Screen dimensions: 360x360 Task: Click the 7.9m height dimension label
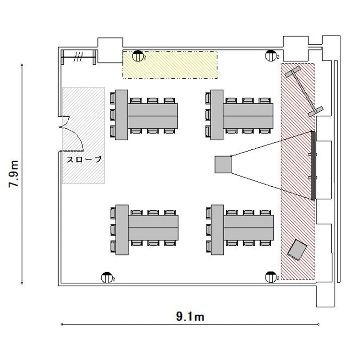(13, 174)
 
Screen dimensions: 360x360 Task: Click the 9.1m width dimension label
(190, 317)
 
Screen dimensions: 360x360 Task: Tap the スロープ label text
(84, 159)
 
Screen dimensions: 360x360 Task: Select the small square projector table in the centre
(223, 164)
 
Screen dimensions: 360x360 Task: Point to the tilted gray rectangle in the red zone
(297, 250)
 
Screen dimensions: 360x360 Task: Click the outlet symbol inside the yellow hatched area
(138, 56)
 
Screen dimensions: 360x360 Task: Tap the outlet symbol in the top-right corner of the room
(271, 56)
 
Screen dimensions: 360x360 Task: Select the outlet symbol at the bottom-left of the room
(107, 277)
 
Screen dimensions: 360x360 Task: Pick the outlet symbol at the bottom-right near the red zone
(271, 277)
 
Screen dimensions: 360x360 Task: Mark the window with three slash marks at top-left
(78, 57)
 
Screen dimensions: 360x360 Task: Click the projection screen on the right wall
(313, 165)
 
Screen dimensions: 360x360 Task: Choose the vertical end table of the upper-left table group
(121, 115)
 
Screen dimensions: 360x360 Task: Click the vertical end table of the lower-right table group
(217, 230)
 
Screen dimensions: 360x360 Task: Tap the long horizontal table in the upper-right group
(248, 116)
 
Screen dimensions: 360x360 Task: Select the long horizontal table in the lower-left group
(153, 228)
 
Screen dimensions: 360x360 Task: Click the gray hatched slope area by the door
(84, 135)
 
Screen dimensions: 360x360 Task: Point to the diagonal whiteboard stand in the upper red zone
(304, 91)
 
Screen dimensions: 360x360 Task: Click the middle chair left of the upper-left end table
(112, 115)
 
